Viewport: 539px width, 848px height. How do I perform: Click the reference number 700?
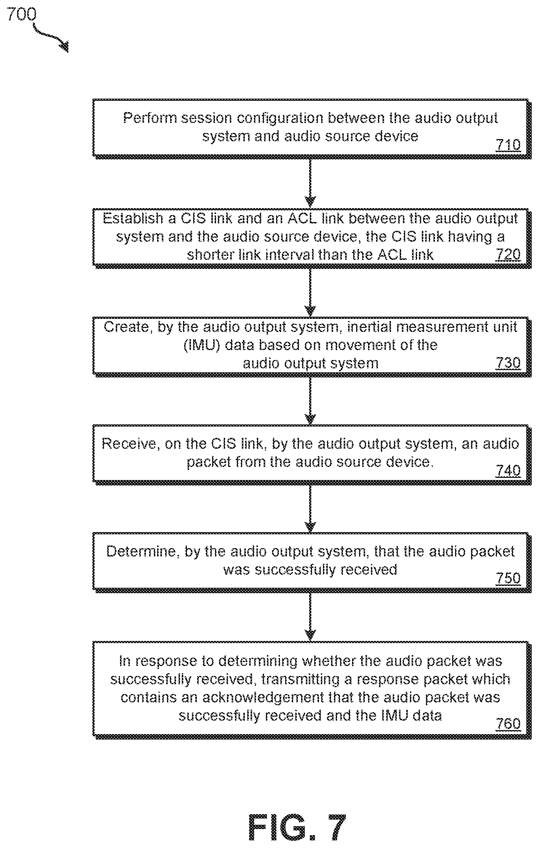pos(22,14)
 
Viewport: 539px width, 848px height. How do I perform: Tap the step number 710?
pos(508,145)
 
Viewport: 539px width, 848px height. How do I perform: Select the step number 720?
pos(508,254)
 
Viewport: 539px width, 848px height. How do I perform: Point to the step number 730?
pos(508,363)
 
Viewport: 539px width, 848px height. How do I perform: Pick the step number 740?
pos(508,471)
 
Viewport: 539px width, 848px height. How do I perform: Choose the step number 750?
pos(508,578)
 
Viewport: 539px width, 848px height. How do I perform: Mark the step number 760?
pos(508,723)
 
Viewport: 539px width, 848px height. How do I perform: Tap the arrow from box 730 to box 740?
pos(310,400)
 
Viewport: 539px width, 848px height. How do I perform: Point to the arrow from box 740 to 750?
pos(310,508)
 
